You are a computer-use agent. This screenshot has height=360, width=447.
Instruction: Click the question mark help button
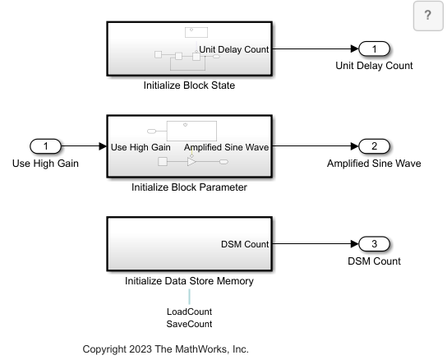(x=428, y=16)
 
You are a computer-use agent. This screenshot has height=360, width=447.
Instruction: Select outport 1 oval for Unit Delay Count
(x=374, y=48)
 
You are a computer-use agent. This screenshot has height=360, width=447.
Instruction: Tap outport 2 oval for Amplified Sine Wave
(x=374, y=146)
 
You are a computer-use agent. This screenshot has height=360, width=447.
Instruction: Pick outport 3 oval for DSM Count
(x=374, y=244)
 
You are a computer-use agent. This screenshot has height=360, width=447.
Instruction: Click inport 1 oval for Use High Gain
(x=46, y=146)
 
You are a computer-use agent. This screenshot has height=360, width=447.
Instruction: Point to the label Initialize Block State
(x=189, y=85)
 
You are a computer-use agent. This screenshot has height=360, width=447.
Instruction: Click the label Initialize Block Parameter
(x=189, y=187)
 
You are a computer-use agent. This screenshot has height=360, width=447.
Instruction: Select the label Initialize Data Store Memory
(x=189, y=281)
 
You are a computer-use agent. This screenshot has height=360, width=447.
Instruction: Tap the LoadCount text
(x=189, y=312)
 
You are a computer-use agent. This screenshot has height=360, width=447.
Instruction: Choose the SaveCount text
(x=189, y=324)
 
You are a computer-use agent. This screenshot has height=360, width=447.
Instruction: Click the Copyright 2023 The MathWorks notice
(x=166, y=349)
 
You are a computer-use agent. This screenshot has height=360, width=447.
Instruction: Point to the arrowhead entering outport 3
(x=355, y=244)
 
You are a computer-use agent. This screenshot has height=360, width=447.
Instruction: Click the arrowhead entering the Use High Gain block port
(x=103, y=146)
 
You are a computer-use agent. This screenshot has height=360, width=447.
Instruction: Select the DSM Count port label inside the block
(x=245, y=244)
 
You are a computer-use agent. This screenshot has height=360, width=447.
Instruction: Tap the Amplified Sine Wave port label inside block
(x=226, y=147)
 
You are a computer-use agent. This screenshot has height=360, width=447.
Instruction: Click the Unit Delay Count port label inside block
(x=233, y=49)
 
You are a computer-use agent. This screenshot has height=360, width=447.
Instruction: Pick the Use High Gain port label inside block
(x=141, y=147)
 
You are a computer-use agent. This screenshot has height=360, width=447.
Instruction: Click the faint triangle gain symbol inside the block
(x=191, y=162)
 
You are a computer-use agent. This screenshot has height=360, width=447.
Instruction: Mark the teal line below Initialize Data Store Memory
(x=189, y=297)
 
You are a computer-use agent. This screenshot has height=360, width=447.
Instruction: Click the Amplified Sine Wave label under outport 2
(x=374, y=164)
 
